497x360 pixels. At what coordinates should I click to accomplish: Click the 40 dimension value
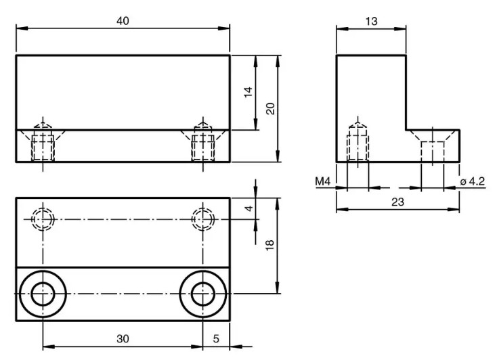point(123,21)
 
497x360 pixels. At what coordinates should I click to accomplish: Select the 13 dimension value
point(371,21)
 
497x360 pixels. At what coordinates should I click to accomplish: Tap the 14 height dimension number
point(248,92)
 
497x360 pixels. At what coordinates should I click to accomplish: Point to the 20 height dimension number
point(270,108)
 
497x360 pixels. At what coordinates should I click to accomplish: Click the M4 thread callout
point(323,181)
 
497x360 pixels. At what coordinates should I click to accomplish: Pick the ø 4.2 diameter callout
point(472,181)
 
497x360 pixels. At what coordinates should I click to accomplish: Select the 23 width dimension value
point(397,202)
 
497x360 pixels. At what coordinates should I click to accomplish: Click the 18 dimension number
point(269,245)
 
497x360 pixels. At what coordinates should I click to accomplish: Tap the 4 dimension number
point(249,208)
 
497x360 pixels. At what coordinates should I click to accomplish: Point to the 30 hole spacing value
point(123,339)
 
